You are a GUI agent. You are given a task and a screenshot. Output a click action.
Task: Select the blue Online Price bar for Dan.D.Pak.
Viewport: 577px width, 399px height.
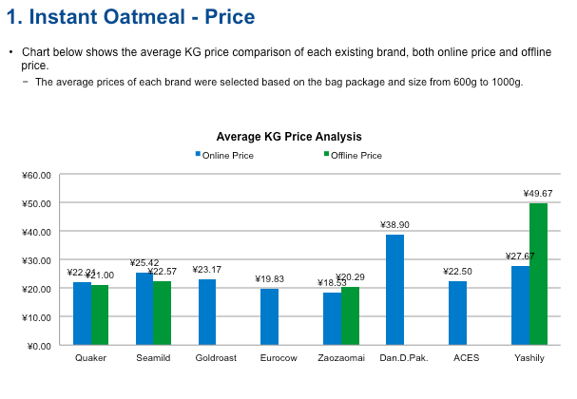click(x=394, y=290)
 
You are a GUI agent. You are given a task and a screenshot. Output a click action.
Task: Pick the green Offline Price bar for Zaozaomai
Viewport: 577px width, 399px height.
click(x=351, y=315)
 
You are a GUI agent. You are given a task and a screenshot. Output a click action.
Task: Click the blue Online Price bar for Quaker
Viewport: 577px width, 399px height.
click(x=82, y=313)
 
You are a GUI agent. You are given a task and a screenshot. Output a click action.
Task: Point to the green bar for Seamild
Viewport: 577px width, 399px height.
click(x=163, y=313)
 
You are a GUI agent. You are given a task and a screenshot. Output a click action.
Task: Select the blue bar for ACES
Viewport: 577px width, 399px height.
click(x=457, y=313)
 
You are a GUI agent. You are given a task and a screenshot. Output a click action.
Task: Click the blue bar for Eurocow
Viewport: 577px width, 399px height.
click(x=269, y=316)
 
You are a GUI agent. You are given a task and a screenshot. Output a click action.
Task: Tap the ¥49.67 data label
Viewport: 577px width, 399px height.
click(x=538, y=193)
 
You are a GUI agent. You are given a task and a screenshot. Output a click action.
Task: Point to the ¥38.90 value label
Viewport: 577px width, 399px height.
click(x=394, y=224)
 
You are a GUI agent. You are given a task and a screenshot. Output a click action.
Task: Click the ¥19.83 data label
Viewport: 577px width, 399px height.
click(x=269, y=278)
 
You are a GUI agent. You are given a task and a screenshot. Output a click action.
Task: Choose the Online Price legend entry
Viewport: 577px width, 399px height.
click(x=228, y=155)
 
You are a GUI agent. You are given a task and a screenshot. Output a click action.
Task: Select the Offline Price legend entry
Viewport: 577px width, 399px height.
click(x=356, y=155)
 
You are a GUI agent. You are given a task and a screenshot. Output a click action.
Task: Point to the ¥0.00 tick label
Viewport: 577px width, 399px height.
click(x=37, y=346)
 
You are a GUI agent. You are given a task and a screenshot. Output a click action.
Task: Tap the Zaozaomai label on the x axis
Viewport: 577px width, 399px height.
click(x=341, y=358)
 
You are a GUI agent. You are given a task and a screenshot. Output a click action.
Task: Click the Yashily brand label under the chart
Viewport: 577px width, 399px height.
click(x=529, y=358)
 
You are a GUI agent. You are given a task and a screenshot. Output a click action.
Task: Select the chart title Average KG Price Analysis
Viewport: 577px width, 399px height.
click(x=289, y=137)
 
